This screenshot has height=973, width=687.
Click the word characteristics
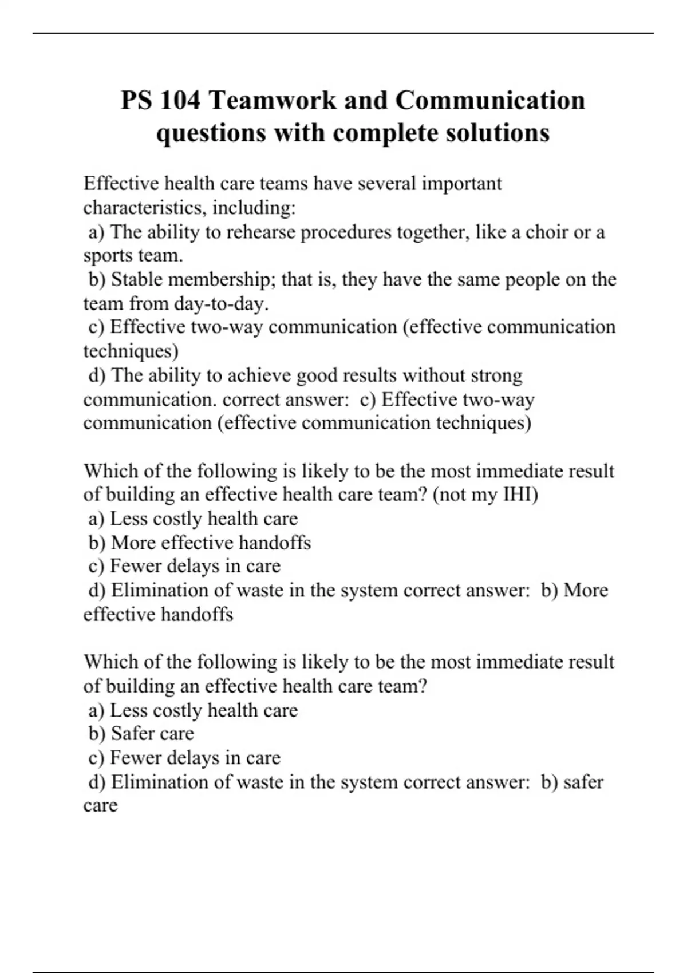pyautogui.click(x=145, y=208)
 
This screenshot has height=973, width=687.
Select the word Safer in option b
pyautogui.click(x=132, y=733)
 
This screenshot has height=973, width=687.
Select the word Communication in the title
pyautogui.click(x=490, y=101)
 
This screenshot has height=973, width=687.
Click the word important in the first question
pyautogui.click(x=461, y=184)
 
